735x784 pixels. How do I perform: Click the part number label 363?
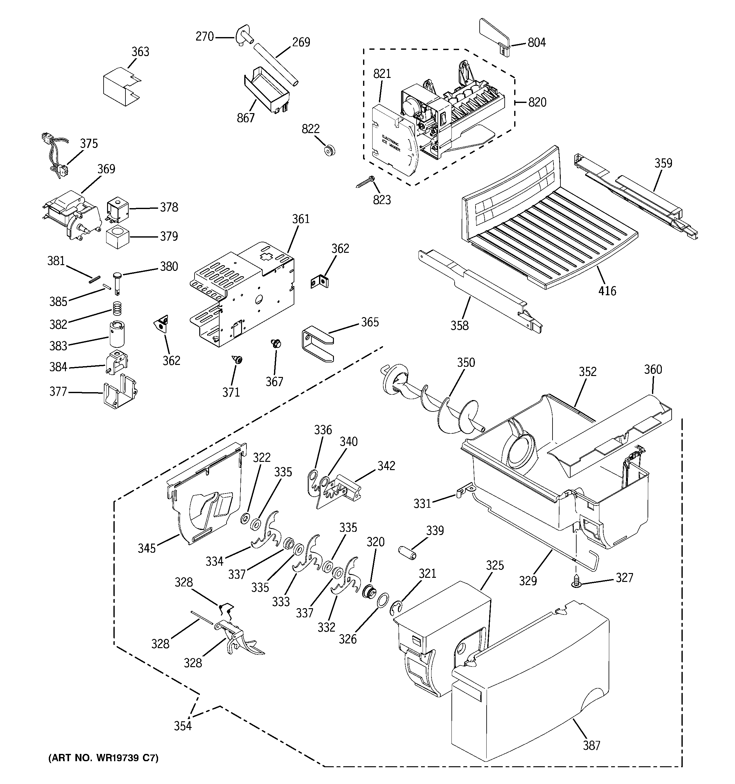[140, 52]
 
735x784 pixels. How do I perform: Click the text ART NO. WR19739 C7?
[103, 758]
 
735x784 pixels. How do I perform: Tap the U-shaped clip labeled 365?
[317, 343]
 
